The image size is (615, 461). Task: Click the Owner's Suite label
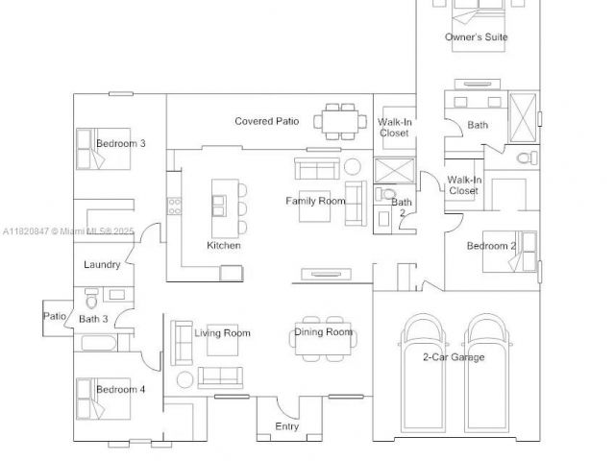pos(477,36)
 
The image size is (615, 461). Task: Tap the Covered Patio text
pos(267,121)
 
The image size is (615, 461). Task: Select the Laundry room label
pos(102,265)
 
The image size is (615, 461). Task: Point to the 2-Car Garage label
pos(454,357)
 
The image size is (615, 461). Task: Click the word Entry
pos(287,426)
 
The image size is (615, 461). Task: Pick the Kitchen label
pos(224,246)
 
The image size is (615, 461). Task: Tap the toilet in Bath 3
pos(91,299)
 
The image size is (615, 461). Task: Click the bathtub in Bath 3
pos(99,344)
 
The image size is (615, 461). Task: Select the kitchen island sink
pos(218,206)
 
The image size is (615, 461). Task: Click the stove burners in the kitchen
pos(175,206)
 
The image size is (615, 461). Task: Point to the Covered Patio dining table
pos(340,122)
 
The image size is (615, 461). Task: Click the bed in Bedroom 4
pos(103,400)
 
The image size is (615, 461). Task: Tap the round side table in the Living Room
pos(184,379)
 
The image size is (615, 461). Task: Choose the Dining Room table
pos(323,339)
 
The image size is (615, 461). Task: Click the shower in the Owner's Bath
pos(523,117)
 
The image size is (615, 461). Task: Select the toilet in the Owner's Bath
pos(528,158)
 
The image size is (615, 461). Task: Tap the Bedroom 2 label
pos(491,246)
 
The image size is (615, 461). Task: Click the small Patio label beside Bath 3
pos(55,316)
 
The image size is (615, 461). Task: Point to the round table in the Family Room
pos(353,166)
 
